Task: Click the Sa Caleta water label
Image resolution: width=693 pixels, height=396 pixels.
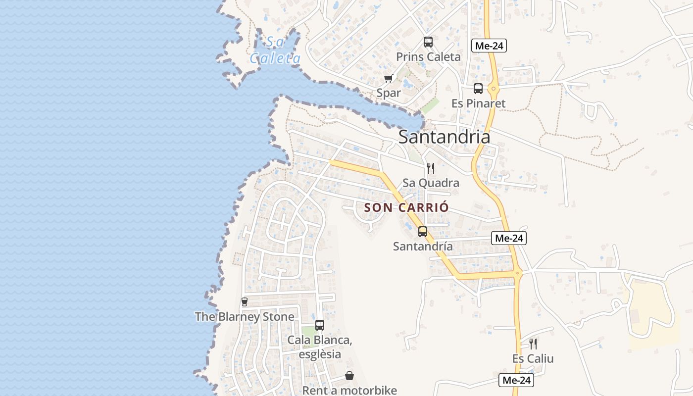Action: (x=275, y=50)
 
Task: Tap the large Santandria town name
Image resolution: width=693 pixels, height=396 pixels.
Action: (x=444, y=137)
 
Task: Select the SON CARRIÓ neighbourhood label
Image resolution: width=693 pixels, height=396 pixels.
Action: (x=406, y=207)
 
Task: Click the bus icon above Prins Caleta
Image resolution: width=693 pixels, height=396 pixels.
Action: (x=428, y=42)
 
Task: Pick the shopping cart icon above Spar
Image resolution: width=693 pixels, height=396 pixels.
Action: (x=389, y=78)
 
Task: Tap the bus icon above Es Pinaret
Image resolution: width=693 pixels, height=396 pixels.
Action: (x=478, y=89)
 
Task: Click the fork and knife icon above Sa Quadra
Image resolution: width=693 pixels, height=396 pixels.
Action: (x=431, y=168)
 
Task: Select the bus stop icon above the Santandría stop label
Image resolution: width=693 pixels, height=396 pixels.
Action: (x=423, y=231)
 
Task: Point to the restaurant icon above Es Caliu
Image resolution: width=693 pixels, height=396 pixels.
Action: (x=533, y=344)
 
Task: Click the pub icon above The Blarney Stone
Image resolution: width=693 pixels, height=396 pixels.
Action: (x=244, y=301)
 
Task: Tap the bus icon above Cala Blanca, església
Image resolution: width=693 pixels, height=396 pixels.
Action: (x=320, y=325)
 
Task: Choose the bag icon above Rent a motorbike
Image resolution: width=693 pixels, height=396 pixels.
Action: (x=349, y=376)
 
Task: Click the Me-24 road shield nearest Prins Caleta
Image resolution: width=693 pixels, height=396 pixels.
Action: (x=489, y=46)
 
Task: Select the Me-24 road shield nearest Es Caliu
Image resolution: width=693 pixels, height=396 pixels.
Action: (x=516, y=380)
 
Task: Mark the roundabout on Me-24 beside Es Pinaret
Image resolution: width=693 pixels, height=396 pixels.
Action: (x=494, y=90)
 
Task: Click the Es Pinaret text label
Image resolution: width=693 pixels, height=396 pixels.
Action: (x=479, y=103)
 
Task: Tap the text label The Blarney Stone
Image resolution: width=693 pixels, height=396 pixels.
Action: (x=245, y=317)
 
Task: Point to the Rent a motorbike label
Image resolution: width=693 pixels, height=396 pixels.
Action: (x=349, y=390)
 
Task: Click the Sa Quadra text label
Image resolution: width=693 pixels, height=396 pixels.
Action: (x=431, y=183)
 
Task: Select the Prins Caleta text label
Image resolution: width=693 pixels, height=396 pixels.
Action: (x=428, y=57)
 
